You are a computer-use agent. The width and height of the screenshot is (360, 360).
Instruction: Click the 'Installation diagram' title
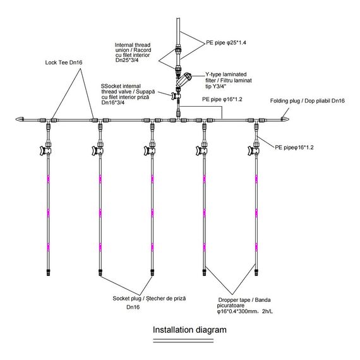coord(189,330)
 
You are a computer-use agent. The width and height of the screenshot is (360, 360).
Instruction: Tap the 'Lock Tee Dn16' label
coord(64,63)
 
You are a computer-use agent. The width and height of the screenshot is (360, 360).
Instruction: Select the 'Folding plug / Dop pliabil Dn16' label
coord(308,101)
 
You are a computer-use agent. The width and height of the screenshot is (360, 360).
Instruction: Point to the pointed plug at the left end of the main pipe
coord(20,119)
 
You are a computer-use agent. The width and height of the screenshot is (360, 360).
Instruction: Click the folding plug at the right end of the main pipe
coord(285,119)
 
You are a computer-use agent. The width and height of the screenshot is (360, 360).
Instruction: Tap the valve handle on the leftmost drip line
coord(42,150)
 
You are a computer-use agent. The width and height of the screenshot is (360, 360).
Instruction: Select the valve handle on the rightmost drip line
coord(250,150)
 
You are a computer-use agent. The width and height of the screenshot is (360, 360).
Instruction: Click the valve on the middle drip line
coord(150,150)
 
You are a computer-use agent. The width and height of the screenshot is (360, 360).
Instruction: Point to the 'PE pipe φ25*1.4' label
coord(226,43)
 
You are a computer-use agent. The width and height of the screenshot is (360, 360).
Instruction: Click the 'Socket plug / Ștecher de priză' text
coord(149,299)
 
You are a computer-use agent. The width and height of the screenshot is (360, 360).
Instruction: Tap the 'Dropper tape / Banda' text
coord(244,300)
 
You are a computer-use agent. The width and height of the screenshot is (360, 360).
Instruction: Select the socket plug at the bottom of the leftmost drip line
coord(48,272)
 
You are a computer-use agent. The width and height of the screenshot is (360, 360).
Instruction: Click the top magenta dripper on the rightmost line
coord(256,179)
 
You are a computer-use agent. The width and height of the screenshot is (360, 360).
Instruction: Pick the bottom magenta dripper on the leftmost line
coord(48,247)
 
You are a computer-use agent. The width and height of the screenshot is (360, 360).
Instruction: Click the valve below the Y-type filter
coord(176,95)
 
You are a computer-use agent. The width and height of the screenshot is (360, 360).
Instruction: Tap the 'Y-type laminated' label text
coord(226,75)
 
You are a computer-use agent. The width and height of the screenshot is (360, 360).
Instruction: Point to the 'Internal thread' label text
coord(133,45)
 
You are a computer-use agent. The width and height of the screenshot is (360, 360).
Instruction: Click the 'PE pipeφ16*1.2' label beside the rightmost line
coord(294,147)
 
